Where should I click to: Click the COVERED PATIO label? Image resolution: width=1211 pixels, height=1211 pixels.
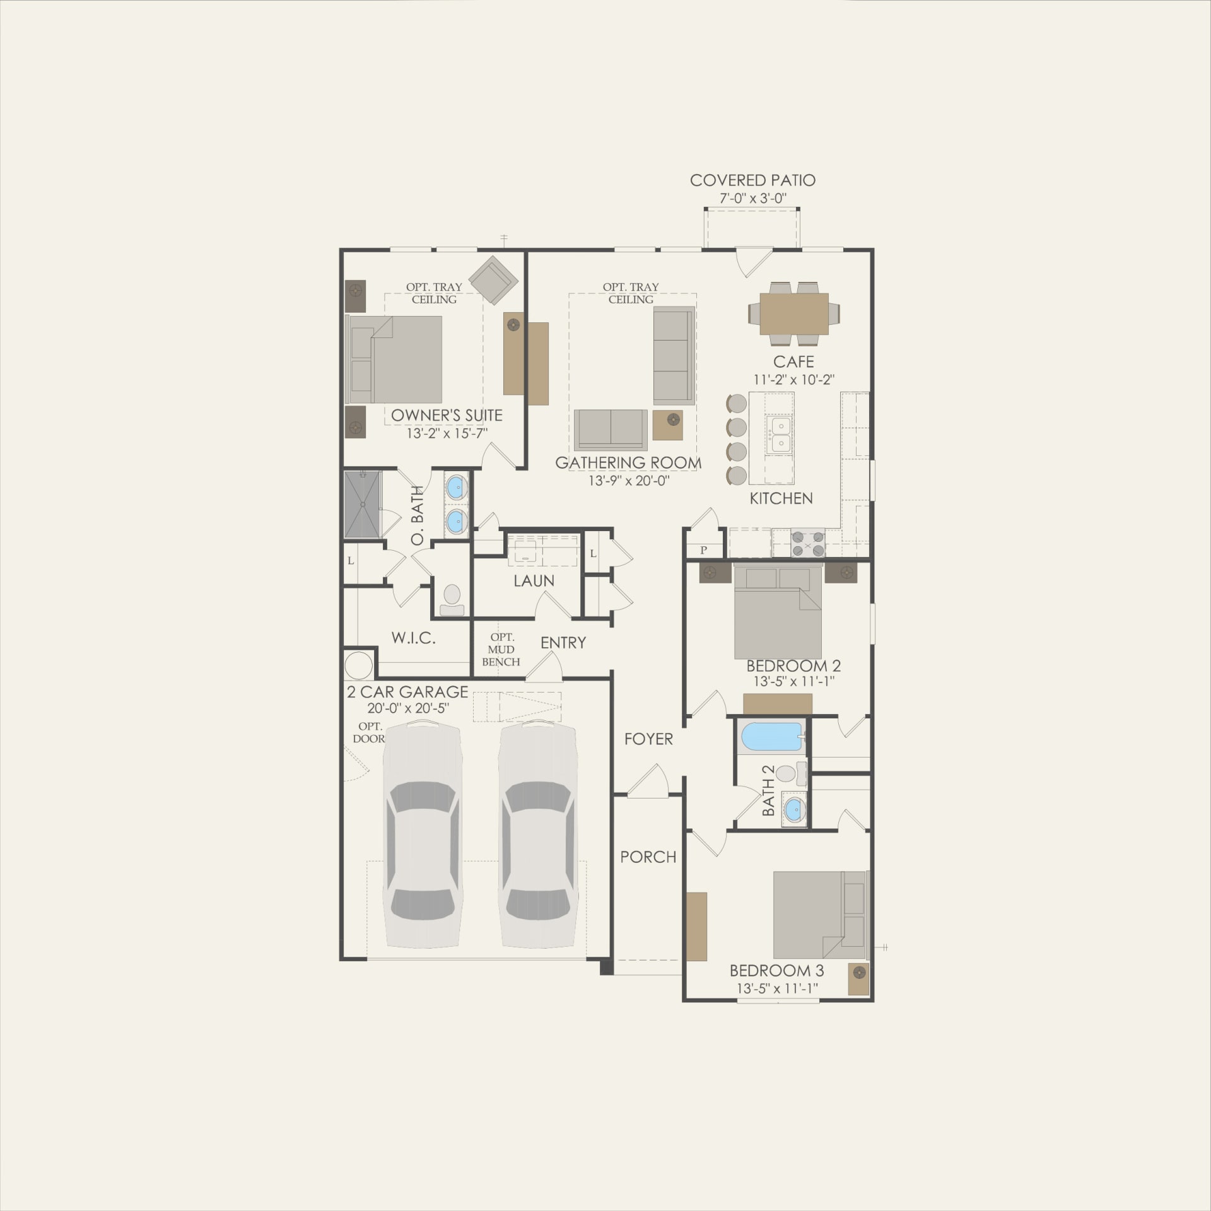click(x=752, y=180)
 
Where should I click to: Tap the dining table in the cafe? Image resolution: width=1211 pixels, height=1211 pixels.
click(x=794, y=313)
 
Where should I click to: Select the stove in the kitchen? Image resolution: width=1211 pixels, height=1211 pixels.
click(x=808, y=543)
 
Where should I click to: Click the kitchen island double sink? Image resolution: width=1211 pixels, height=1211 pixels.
click(x=779, y=435)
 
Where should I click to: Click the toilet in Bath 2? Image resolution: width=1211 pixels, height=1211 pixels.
click(x=789, y=773)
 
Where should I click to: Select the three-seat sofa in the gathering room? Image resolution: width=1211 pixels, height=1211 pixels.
click(x=674, y=356)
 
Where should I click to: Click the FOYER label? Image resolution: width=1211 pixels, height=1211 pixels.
click(x=648, y=739)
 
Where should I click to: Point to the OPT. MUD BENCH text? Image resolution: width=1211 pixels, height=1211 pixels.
click(x=501, y=650)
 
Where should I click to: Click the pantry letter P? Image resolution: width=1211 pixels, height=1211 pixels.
click(x=703, y=550)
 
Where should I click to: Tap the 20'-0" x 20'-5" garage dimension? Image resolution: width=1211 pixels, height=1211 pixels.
click(x=407, y=708)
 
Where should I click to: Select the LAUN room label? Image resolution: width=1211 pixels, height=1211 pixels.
click(x=534, y=581)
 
